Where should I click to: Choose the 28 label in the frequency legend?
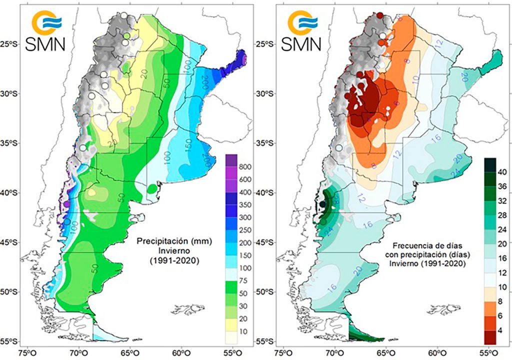(x=504, y=215)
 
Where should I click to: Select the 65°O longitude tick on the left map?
(x=130, y=352)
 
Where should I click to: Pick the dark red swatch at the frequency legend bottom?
(x=490, y=337)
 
